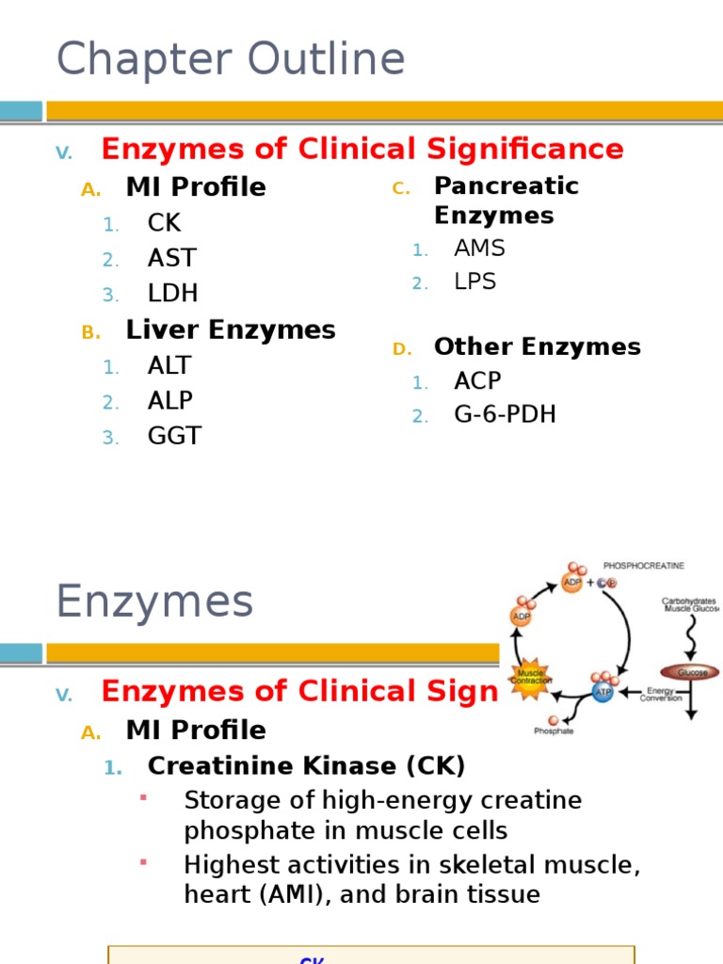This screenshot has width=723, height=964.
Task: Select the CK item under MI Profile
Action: [x=164, y=223]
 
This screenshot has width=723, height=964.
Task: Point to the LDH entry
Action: [x=172, y=293]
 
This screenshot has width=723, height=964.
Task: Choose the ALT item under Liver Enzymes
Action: [x=169, y=365]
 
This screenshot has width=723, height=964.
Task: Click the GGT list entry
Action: [x=174, y=436]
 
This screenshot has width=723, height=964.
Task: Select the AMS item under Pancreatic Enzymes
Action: [x=479, y=249]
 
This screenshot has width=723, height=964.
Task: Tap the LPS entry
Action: [x=474, y=281]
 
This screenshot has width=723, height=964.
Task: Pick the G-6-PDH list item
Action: [x=505, y=414]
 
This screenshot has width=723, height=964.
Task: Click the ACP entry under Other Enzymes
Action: [x=477, y=381]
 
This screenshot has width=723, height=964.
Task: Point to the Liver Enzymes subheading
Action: [x=231, y=329]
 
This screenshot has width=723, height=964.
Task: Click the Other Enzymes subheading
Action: [x=537, y=346]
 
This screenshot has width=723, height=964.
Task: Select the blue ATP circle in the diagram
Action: [x=602, y=692]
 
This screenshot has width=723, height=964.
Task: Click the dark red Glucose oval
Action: [x=689, y=672]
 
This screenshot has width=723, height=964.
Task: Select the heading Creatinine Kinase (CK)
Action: [x=307, y=766]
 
